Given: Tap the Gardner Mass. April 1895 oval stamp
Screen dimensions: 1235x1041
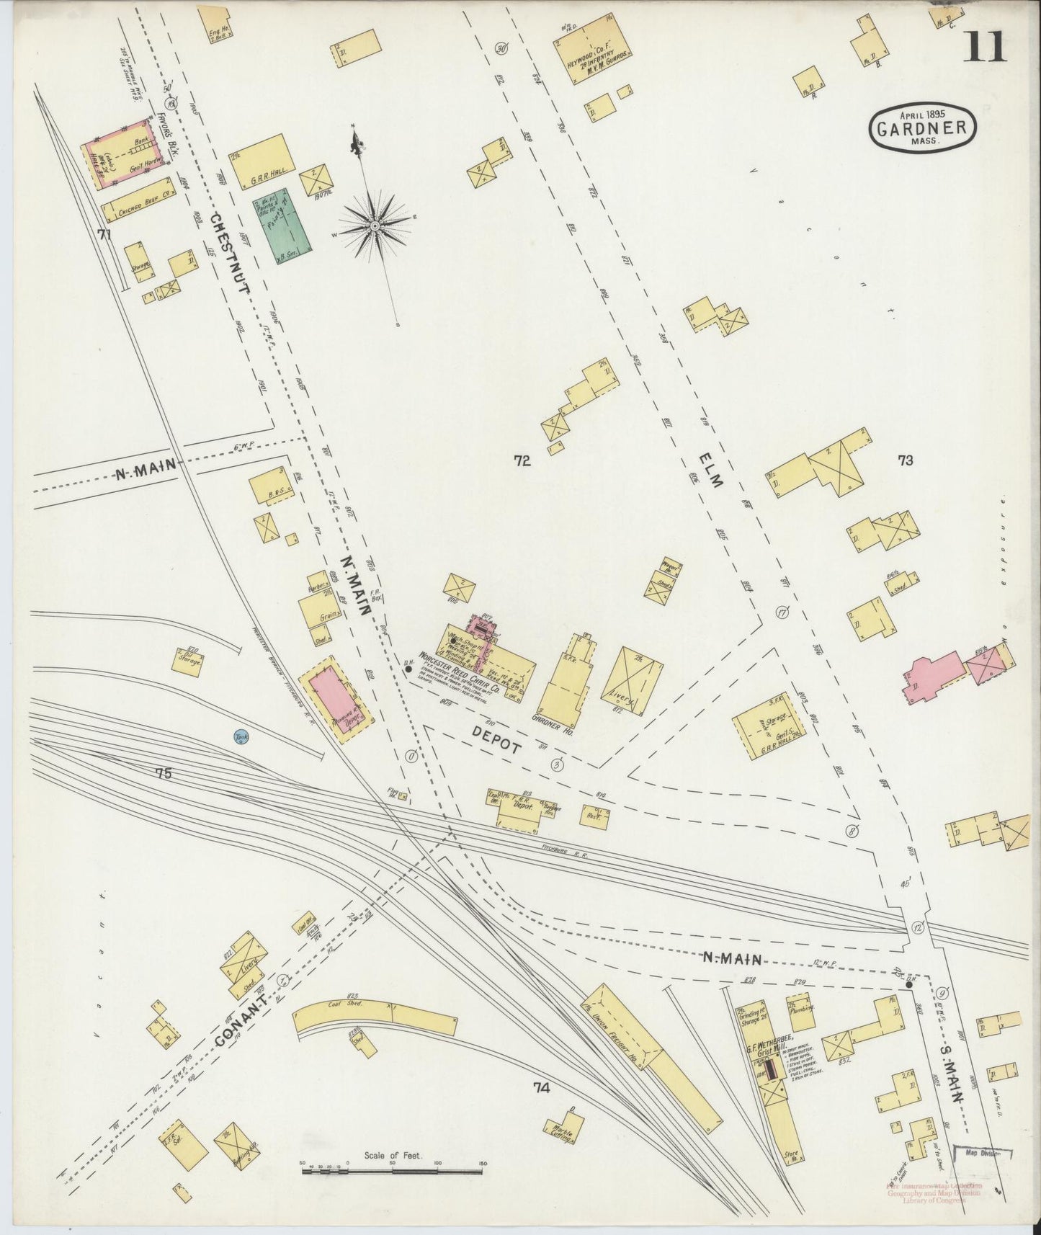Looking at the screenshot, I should click(924, 129).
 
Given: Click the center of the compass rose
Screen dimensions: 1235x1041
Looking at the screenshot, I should click(375, 226).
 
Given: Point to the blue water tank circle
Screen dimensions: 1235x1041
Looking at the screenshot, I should click(240, 737).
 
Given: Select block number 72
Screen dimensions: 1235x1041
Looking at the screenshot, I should click(522, 461).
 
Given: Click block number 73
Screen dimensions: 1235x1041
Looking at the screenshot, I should click(905, 460).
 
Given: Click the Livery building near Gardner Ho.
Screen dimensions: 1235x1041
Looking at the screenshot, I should click(632, 682).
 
